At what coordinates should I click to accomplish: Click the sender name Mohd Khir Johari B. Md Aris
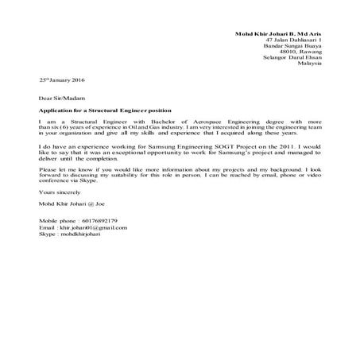(279, 32)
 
